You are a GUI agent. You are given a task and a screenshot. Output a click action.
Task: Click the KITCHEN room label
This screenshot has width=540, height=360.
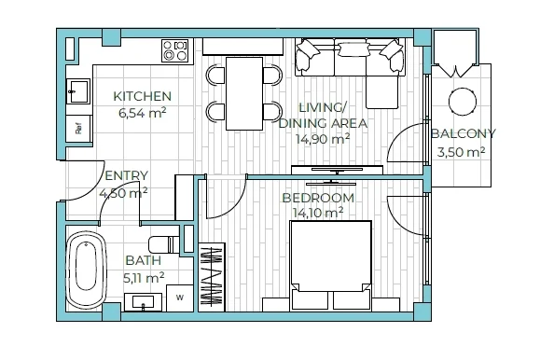[x=143, y=96]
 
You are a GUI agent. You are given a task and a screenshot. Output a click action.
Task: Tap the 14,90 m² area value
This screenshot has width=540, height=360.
[x=323, y=139]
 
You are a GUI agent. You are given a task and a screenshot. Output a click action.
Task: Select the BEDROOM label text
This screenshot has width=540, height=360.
[x=318, y=198]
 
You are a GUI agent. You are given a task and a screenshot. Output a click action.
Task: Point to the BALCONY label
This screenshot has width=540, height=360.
[x=464, y=133]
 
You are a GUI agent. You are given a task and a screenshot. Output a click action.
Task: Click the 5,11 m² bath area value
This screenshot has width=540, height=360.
[x=144, y=278]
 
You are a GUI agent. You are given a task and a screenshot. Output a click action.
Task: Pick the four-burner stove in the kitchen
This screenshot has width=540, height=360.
[x=175, y=50]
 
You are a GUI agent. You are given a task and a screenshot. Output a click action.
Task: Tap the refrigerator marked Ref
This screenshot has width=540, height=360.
[x=79, y=129]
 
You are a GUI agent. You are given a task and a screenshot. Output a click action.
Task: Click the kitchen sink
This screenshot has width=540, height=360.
[x=78, y=91]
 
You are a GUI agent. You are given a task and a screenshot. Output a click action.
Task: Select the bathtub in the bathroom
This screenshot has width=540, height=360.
[x=86, y=270]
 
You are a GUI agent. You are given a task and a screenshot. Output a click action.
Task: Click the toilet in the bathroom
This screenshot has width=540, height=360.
[x=164, y=244]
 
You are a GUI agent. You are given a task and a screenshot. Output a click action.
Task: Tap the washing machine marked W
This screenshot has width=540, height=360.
[x=180, y=298]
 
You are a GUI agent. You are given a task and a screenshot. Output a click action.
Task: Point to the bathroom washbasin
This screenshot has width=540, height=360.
[x=143, y=302]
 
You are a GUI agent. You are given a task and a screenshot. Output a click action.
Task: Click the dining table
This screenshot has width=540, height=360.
[x=244, y=93]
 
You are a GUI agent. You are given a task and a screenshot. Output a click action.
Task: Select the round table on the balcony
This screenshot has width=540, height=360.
[x=463, y=102]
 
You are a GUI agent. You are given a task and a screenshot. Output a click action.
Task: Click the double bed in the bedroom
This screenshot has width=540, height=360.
[x=330, y=265]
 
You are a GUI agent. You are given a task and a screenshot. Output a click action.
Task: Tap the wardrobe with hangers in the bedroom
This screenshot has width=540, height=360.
[x=212, y=277]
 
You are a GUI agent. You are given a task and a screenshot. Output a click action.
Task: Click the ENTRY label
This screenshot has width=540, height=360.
[x=127, y=175]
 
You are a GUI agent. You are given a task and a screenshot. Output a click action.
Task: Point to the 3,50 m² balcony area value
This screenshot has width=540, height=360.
[x=462, y=152]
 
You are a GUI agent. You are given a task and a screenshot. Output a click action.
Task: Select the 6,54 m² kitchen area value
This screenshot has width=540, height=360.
[x=143, y=113]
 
